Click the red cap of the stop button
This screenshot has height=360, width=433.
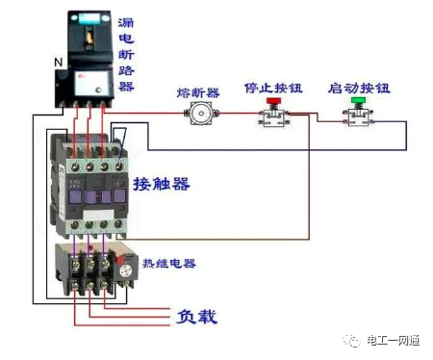[x=271, y=101]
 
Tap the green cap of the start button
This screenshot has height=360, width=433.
[x=358, y=101]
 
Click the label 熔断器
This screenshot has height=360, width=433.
[x=199, y=92]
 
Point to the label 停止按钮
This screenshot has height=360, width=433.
[x=272, y=87]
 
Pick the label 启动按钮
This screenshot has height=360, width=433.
[x=358, y=87]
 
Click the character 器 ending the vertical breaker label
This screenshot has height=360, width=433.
[x=125, y=86]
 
